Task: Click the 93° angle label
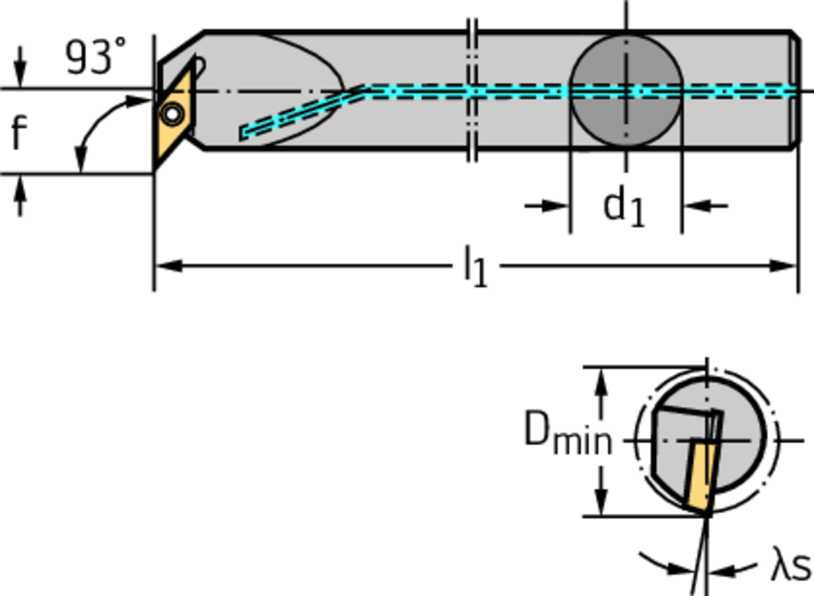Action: [x=95, y=57]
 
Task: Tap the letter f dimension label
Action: [x=19, y=133]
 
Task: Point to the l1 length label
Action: [x=475, y=266]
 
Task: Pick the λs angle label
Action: [x=789, y=567]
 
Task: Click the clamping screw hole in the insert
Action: [x=171, y=114]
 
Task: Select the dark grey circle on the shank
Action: [x=626, y=90]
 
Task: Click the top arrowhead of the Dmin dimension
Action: [x=602, y=381]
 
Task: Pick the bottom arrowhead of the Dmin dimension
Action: [x=602, y=503]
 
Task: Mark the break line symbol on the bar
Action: [x=471, y=90]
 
